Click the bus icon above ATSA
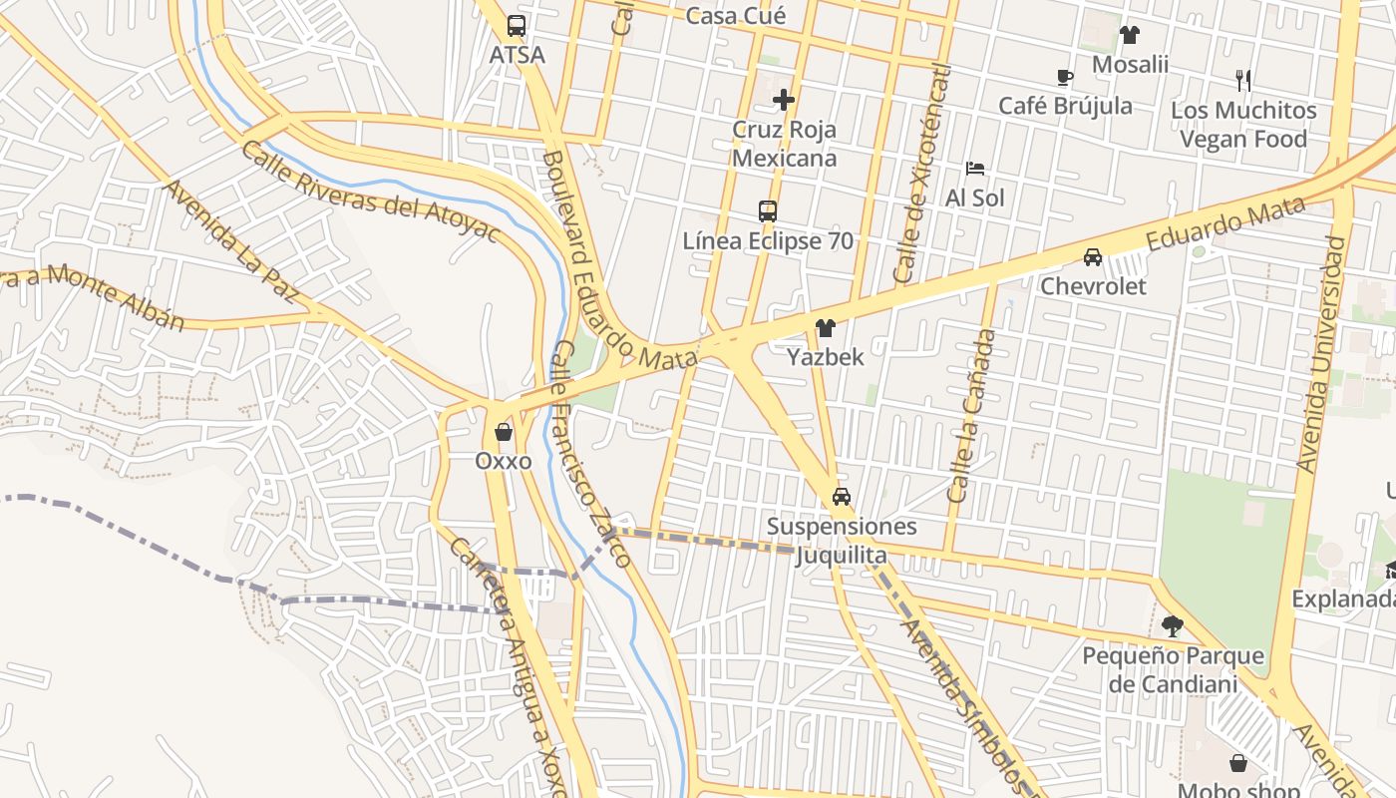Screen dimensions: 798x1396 tap(516, 26)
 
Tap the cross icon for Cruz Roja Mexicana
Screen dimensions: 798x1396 tap(784, 99)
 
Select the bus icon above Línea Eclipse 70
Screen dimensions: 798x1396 tap(767, 210)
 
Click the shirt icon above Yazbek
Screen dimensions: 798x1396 tap(825, 327)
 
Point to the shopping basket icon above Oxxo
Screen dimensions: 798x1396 tap(504, 432)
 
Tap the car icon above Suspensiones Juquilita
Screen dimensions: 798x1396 tap(842, 496)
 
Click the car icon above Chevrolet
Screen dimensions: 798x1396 tap(1093, 257)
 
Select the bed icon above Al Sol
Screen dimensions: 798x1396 tap(974, 169)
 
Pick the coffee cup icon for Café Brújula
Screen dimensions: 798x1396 tap(1064, 77)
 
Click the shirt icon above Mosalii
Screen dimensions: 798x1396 tap(1129, 35)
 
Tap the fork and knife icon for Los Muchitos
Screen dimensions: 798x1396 tap(1242, 80)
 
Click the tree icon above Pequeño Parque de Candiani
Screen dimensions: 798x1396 tap(1173, 626)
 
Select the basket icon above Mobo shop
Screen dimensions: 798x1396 tap(1238, 763)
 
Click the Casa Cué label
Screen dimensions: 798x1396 tap(736, 15)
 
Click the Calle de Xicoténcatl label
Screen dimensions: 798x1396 tap(923, 175)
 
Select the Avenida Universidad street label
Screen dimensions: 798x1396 tap(1322, 354)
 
